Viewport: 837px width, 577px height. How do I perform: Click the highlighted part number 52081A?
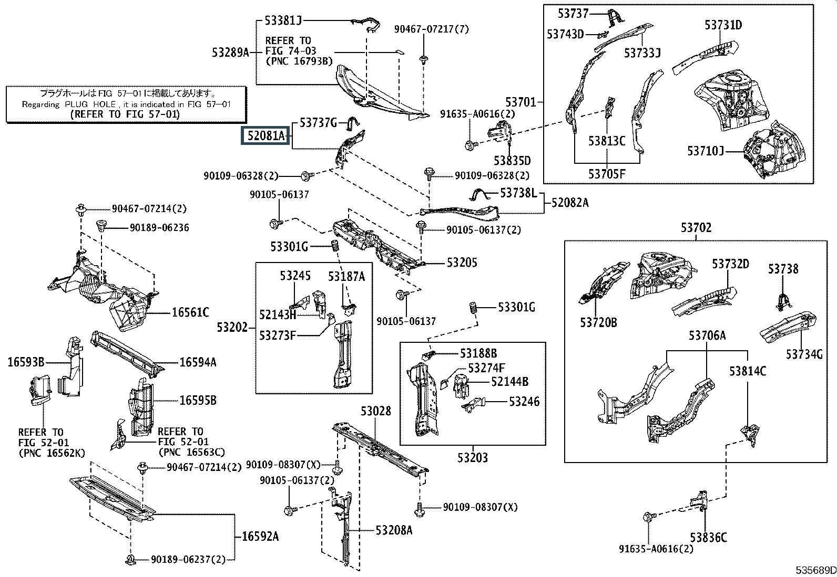point(266,135)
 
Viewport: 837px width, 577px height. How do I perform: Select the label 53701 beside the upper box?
point(520,102)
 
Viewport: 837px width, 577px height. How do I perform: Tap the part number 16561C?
point(190,312)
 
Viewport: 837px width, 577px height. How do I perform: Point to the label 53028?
point(375,411)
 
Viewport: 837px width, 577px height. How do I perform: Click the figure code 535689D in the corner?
point(815,570)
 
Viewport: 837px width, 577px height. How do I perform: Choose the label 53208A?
point(394,530)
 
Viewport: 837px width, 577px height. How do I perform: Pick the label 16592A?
point(260,537)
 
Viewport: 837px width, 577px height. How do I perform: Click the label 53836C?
point(708,538)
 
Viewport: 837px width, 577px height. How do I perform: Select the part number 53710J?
point(706,151)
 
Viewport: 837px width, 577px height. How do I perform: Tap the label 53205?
point(462,263)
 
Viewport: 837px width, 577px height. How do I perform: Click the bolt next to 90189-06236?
point(101,226)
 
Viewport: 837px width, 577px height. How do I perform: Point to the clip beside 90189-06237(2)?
point(130,560)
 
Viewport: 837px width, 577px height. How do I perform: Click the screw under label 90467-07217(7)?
point(423,59)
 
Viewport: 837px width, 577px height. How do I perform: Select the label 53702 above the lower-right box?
point(696,228)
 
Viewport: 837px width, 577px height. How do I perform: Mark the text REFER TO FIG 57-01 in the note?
point(125,114)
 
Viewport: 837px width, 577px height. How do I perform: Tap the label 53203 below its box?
point(473,458)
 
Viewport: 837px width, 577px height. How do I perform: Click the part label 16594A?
point(198,362)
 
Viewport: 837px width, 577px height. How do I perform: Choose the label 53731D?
point(723,25)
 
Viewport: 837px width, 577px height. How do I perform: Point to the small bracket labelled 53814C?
point(750,434)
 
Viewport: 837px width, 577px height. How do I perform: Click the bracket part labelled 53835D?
point(499,131)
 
